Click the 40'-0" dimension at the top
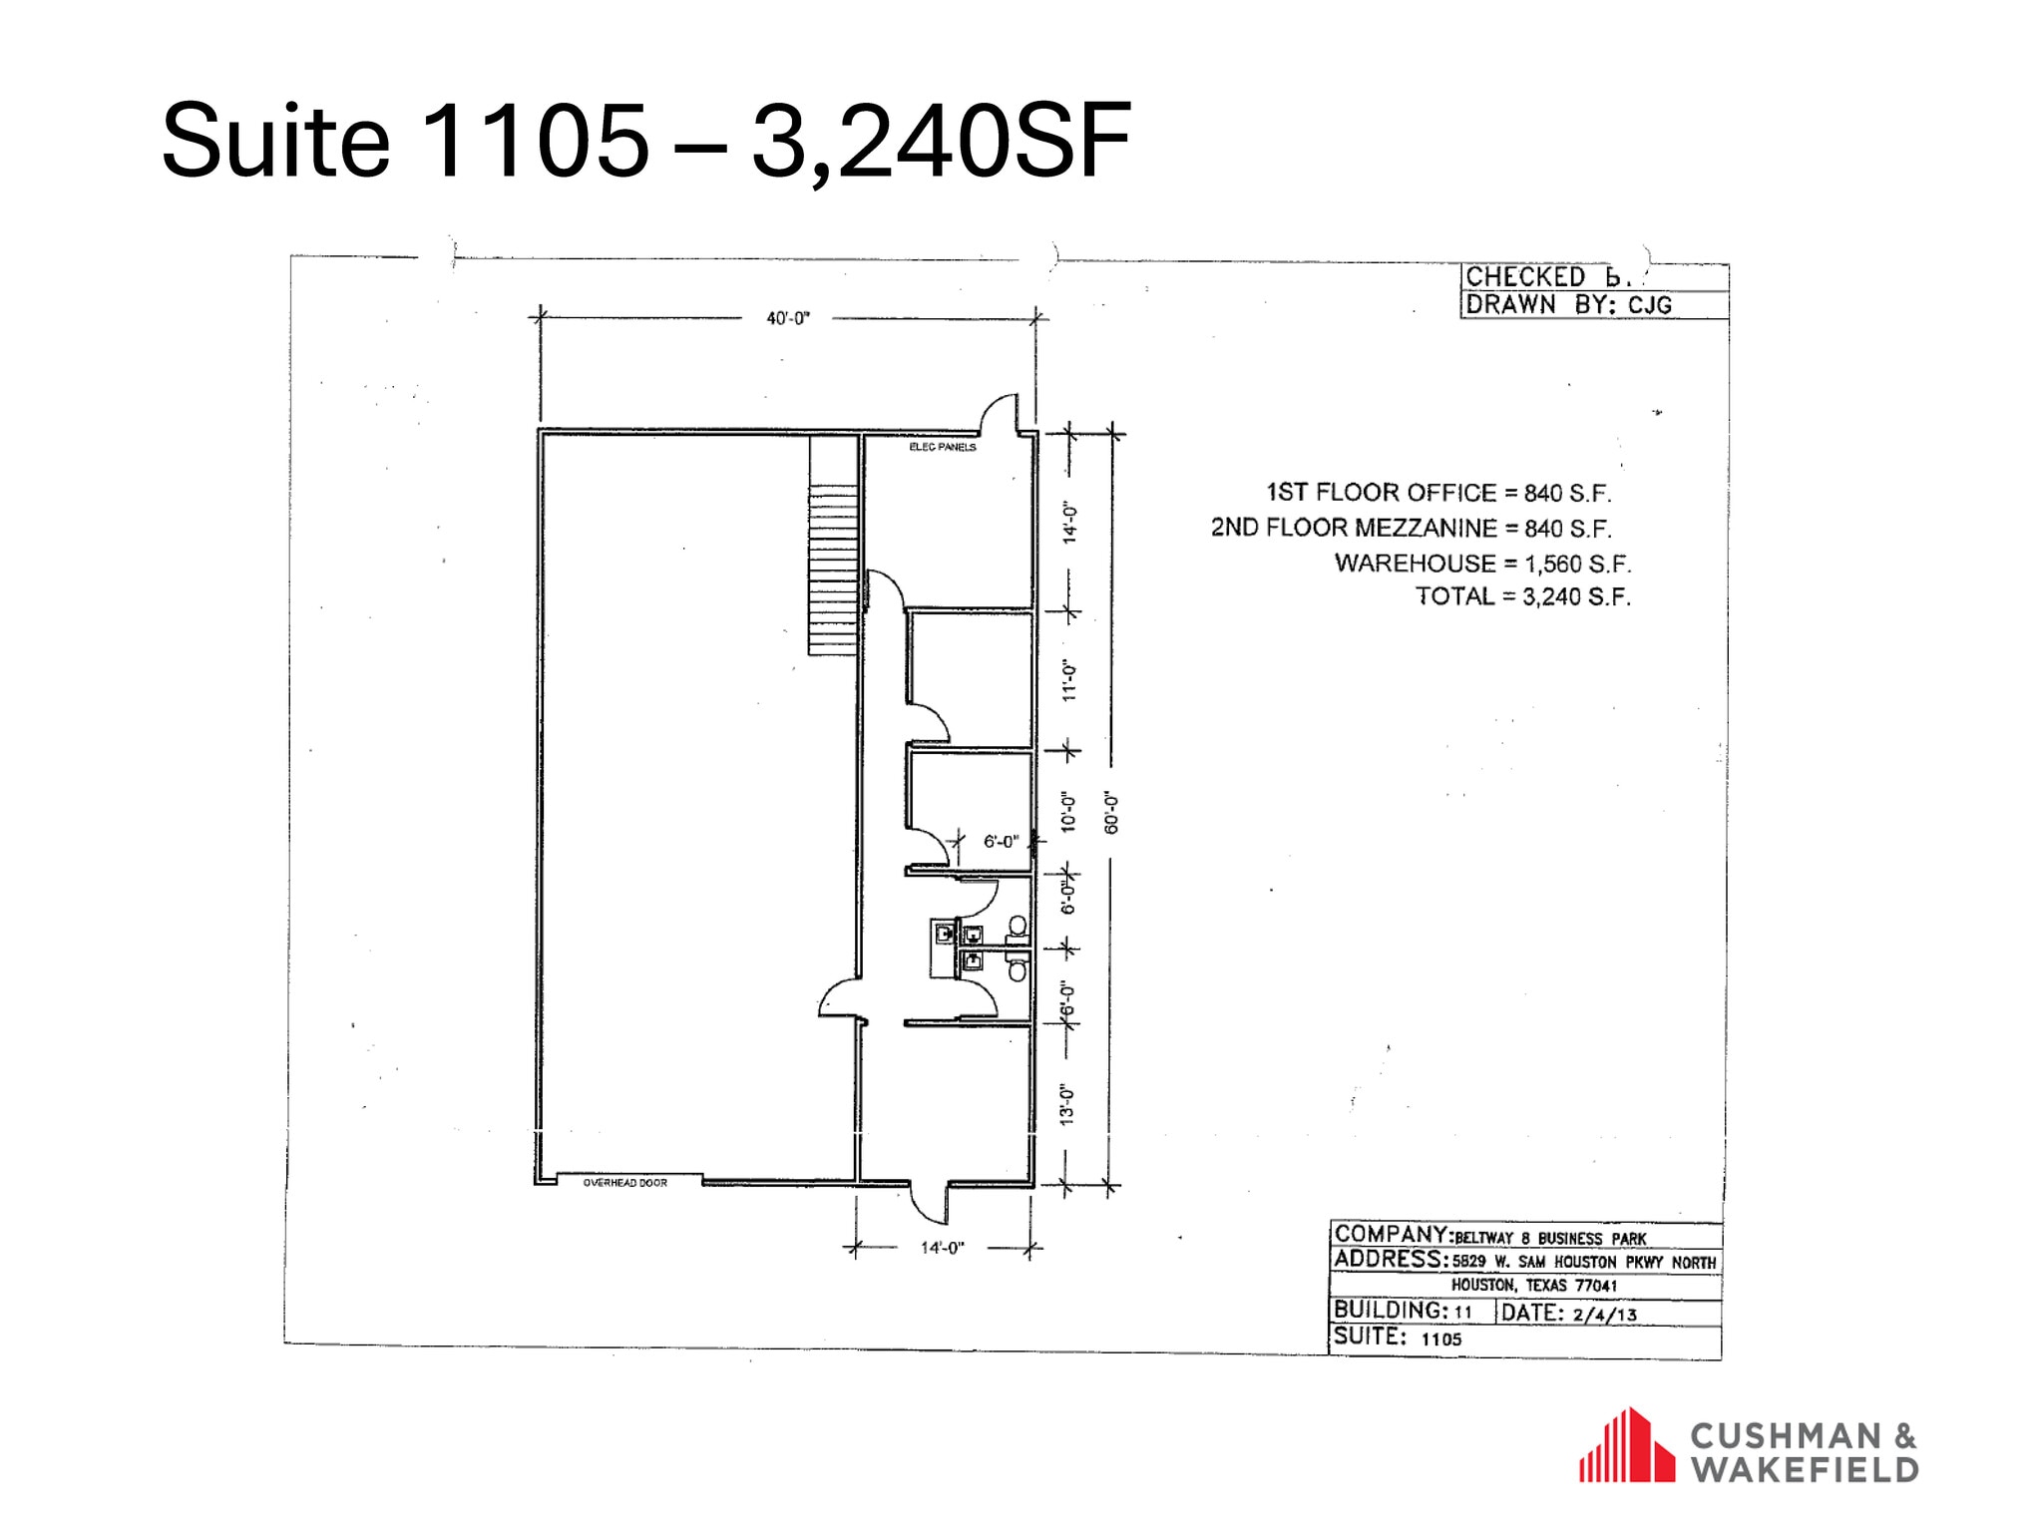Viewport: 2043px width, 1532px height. point(787,318)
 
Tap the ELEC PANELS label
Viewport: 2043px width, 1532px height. point(942,447)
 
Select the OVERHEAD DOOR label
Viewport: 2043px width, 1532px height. point(625,1183)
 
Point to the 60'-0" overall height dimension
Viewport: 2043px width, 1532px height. point(1112,813)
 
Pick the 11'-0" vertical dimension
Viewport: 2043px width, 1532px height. point(1069,680)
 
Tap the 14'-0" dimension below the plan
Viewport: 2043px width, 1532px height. point(942,1248)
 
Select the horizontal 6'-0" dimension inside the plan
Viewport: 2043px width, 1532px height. point(1001,842)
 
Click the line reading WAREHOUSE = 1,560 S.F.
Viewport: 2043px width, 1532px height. point(1482,564)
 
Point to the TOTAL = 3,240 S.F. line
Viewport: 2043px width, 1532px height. point(1522,596)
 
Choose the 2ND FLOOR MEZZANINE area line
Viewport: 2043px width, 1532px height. point(1411,528)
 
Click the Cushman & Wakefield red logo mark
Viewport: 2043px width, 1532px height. point(1626,1445)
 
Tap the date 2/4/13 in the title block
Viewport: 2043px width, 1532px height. point(1605,1315)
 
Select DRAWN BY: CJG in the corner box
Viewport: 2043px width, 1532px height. point(1568,304)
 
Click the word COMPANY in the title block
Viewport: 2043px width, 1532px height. point(1391,1235)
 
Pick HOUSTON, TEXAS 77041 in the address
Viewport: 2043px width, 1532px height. point(1534,1286)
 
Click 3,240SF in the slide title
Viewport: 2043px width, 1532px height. point(941,141)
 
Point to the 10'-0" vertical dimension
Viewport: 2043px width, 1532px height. point(1069,813)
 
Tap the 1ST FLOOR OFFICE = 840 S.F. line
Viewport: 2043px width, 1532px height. point(1438,493)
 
